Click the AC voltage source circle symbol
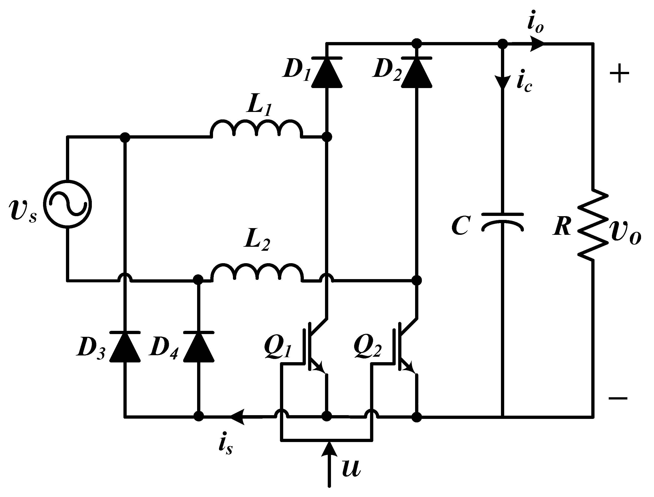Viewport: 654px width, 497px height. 67,204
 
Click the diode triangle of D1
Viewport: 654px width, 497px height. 327,72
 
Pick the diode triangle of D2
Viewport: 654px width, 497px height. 417,72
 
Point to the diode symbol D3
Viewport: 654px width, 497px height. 125,347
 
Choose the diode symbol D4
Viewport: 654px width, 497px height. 199,347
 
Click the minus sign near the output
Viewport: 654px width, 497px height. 618,398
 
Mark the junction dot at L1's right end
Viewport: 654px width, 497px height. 327,137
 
